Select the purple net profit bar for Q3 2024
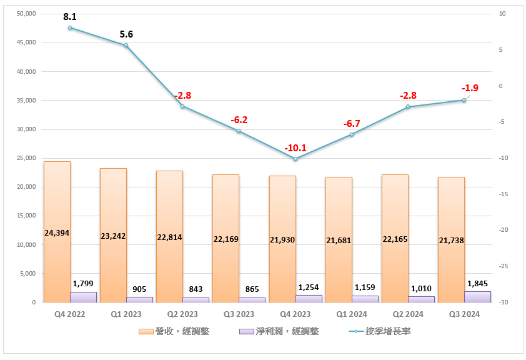[478, 297]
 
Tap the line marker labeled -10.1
[295, 159]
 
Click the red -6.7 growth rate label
[352, 124]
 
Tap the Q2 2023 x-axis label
[182, 314]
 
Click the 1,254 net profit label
[309, 287]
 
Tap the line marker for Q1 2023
[126, 45]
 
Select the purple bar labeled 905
[140, 299]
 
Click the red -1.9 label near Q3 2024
[470, 88]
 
